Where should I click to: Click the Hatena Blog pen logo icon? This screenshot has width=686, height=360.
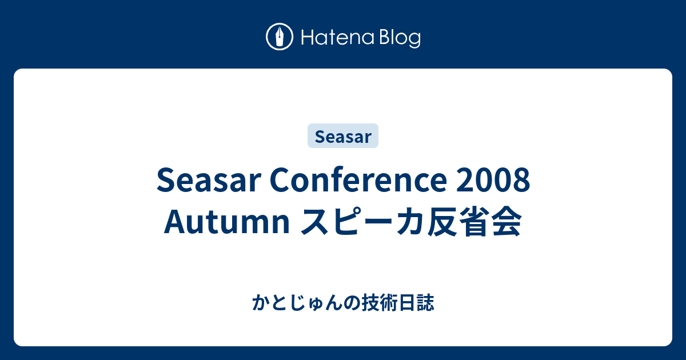[280, 37]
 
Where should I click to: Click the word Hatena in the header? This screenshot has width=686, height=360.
[338, 37]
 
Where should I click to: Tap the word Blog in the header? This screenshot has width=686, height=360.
[400, 38]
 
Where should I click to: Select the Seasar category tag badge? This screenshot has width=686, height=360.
[343, 135]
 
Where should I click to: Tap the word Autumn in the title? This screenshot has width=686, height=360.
[227, 221]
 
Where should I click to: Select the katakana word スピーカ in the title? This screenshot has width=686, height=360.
[348, 221]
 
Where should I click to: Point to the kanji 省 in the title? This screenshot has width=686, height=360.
[474, 221]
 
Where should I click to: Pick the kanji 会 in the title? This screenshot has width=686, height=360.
[506, 221]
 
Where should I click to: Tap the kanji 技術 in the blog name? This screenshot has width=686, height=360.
[380, 302]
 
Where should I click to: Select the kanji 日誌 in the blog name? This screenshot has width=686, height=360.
[416, 302]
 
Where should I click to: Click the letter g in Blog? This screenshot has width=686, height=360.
[414, 41]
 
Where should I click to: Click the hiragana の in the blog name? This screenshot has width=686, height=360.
[352, 303]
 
